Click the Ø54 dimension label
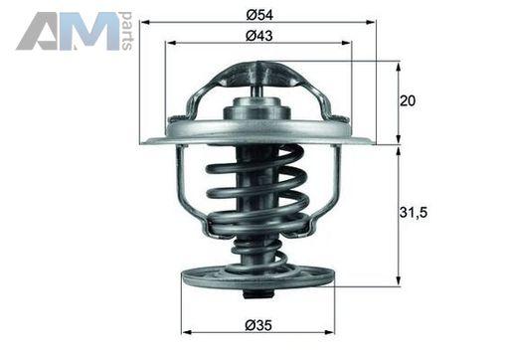[x=259, y=15]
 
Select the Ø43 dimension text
[x=259, y=36]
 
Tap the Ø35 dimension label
[x=258, y=325]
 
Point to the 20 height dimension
[x=408, y=100]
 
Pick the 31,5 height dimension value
[x=414, y=212]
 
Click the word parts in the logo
[x=127, y=31]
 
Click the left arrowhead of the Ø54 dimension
[x=146, y=22]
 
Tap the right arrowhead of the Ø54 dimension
[x=371, y=22]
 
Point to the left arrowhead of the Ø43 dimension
[x=171, y=43]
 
